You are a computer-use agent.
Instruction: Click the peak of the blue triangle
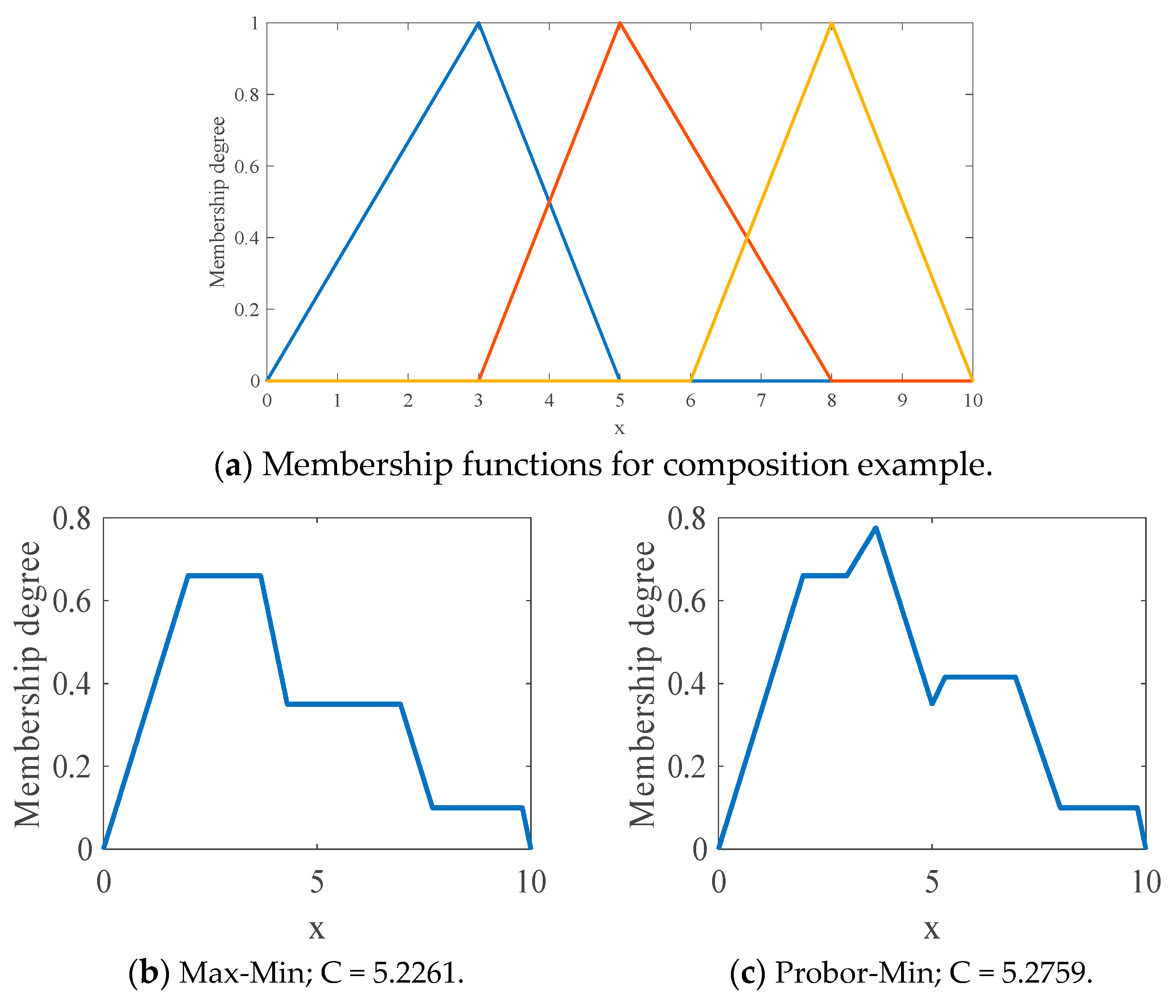pos(478,24)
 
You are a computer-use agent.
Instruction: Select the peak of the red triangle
pos(619,24)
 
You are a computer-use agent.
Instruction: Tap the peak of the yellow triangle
pos(831,24)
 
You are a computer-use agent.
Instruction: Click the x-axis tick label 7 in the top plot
pos(761,400)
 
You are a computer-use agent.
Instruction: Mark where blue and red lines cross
pos(549,201)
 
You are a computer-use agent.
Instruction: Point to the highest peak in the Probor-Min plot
pos(876,528)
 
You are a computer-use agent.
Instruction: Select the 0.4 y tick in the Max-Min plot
pos(72,684)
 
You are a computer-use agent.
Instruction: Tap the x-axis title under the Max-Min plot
pos(317,928)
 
